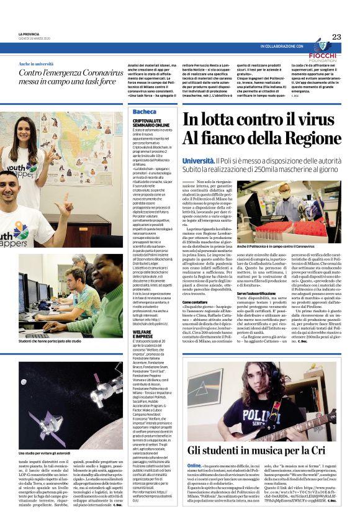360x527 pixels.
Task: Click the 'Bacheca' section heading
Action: point(145,112)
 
